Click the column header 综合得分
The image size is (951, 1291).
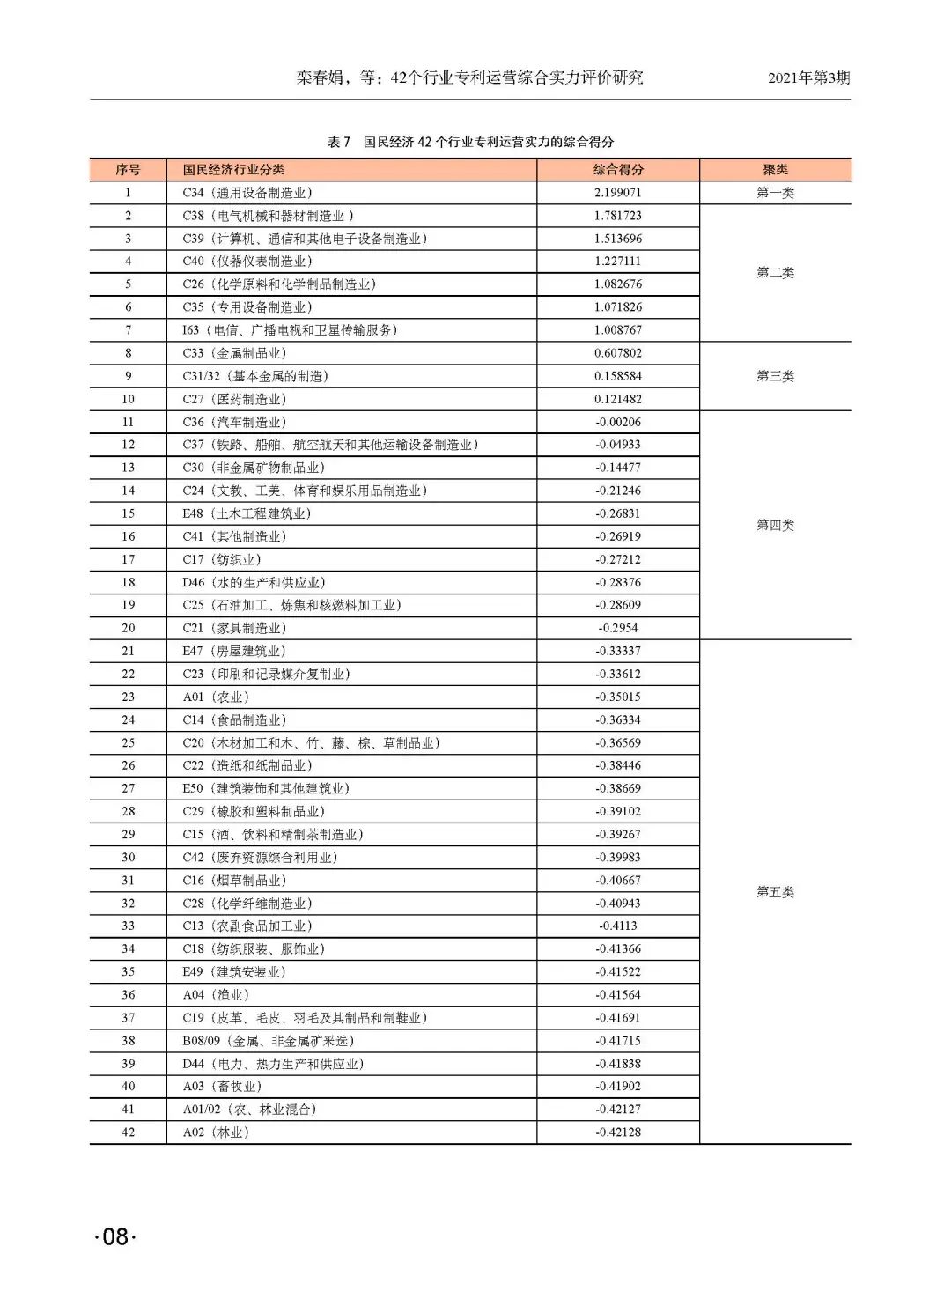click(618, 170)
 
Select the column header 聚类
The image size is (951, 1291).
click(775, 170)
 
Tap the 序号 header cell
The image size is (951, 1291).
click(128, 170)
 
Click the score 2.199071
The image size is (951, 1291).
click(618, 193)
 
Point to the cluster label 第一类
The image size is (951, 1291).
click(775, 193)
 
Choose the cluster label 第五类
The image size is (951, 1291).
click(775, 892)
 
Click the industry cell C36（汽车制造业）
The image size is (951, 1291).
click(234, 422)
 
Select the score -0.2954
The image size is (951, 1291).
click(618, 628)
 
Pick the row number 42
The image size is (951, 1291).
click(129, 1132)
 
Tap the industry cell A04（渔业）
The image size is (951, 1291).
click(216, 995)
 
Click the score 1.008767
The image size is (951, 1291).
click(618, 330)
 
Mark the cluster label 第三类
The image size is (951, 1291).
click(775, 376)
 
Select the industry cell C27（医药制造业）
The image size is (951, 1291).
click(234, 399)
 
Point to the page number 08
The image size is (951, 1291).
click(115, 1236)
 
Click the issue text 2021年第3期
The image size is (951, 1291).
click(808, 77)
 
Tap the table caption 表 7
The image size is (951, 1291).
click(339, 142)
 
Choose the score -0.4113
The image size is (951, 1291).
click(618, 926)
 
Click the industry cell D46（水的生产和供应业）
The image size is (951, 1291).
click(254, 582)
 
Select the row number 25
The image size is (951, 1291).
click(129, 743)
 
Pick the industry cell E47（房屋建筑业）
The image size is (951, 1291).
click(234, 651)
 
